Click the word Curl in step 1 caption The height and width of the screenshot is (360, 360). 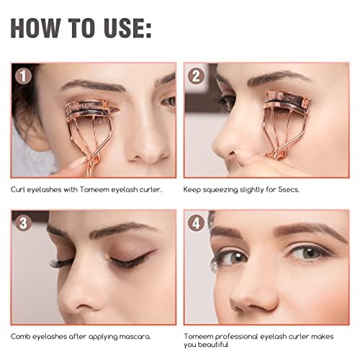19,189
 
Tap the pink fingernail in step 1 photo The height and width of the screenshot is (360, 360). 76,163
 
